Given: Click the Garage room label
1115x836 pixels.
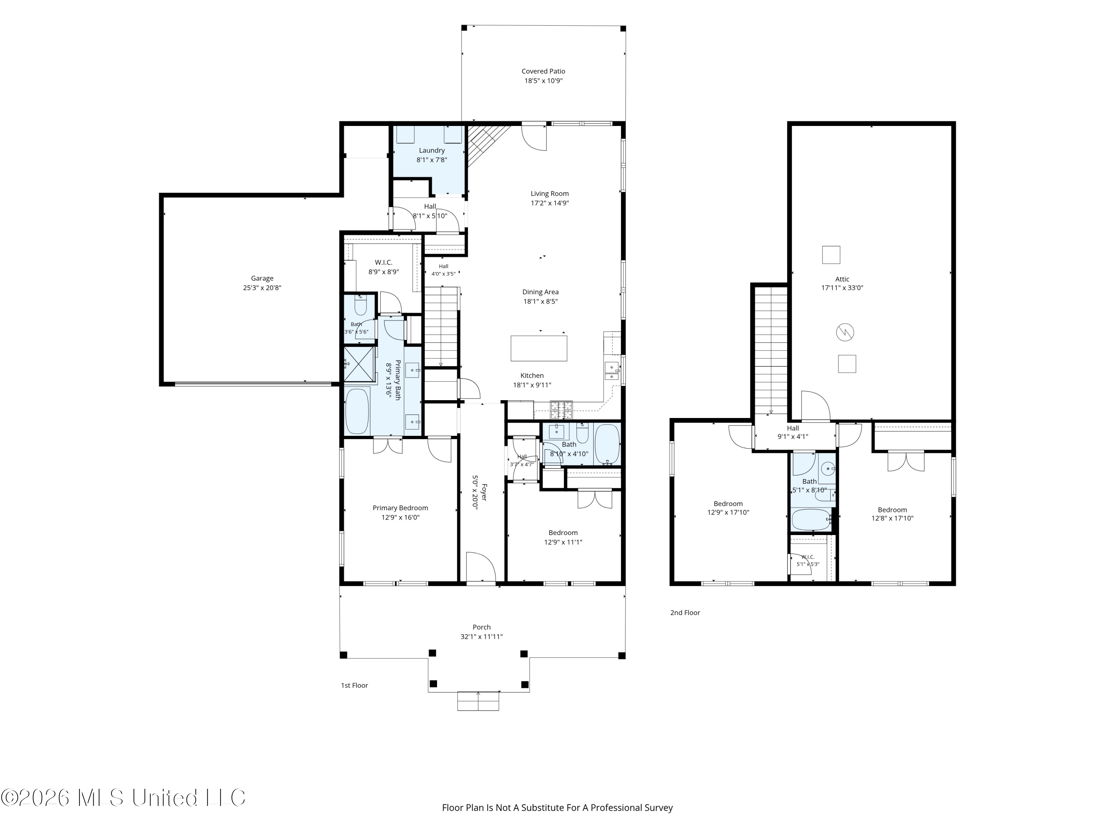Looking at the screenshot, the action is pos(262,278).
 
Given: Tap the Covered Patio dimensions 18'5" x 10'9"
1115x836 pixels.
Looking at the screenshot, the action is pos(543,81).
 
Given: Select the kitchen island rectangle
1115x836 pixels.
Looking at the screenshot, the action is pos(539,348).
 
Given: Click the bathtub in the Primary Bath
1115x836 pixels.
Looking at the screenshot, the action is pos(358,411).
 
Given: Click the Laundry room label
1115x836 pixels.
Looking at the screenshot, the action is pos(432,150).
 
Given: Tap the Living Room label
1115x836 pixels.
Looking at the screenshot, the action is pos(549,194).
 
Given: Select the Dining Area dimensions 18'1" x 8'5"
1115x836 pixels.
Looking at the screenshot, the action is pos(540,301).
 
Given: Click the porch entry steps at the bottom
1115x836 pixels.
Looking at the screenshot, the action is pos(478,701).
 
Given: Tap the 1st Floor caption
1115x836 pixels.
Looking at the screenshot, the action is pos(354,685).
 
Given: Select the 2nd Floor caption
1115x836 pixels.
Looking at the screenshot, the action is pos(685,613).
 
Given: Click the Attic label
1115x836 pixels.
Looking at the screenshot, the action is pos(842,279).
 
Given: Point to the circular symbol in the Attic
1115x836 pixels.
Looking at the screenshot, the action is pos(845,333).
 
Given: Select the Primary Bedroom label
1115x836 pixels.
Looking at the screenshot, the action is pos(400,508).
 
